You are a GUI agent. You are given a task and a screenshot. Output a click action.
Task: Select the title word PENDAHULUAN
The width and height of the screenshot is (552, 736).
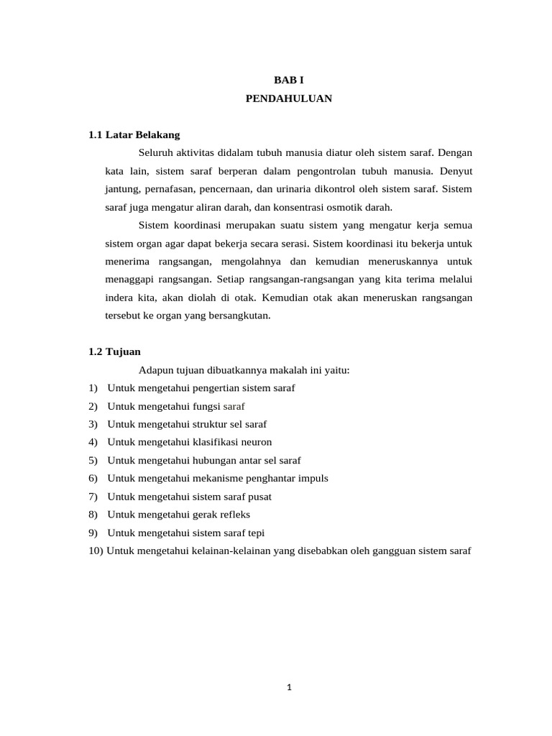tap(288, 99)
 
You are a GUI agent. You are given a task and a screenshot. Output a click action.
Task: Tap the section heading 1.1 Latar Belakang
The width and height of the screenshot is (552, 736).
tap(134, 134)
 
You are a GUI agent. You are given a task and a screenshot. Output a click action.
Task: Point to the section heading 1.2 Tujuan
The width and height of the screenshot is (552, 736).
tap(115, 351)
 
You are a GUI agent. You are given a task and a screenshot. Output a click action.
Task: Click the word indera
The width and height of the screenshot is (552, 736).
tap(119, 297)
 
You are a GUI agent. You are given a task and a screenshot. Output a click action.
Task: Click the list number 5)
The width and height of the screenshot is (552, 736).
tap(93, 460)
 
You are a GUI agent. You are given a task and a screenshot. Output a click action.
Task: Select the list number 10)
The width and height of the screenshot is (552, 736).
tap(96, 551)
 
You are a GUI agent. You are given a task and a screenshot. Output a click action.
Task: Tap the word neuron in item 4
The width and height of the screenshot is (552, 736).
tap(256, 442)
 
